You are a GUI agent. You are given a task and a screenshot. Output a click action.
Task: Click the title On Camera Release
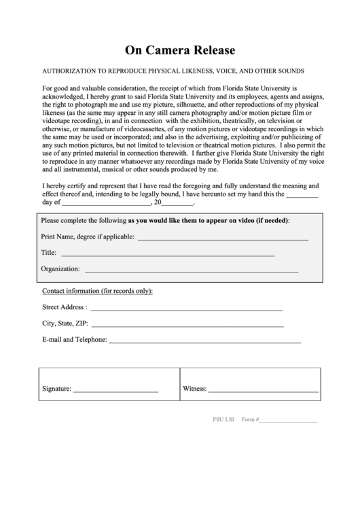click(180, 50)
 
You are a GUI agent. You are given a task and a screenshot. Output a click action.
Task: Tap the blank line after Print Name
click(223, 239)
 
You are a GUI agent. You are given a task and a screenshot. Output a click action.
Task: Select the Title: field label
click(48, 253)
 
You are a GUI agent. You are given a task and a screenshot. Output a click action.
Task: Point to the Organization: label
click(60, 269)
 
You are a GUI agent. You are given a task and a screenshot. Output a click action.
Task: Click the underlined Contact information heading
click(97, 291)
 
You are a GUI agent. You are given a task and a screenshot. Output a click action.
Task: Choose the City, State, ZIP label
click(65, 323)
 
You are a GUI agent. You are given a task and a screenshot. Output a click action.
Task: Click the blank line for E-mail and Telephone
click(204, 341)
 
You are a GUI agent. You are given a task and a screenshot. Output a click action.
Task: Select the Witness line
click(263, 391)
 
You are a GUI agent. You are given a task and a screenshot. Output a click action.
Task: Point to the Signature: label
click(56, 389)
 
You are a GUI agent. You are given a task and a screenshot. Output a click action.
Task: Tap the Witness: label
click(194, 389)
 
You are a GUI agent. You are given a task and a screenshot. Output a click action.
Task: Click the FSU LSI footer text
click(222, 420)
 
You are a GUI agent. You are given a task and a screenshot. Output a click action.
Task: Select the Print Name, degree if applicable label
click(88, 237)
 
